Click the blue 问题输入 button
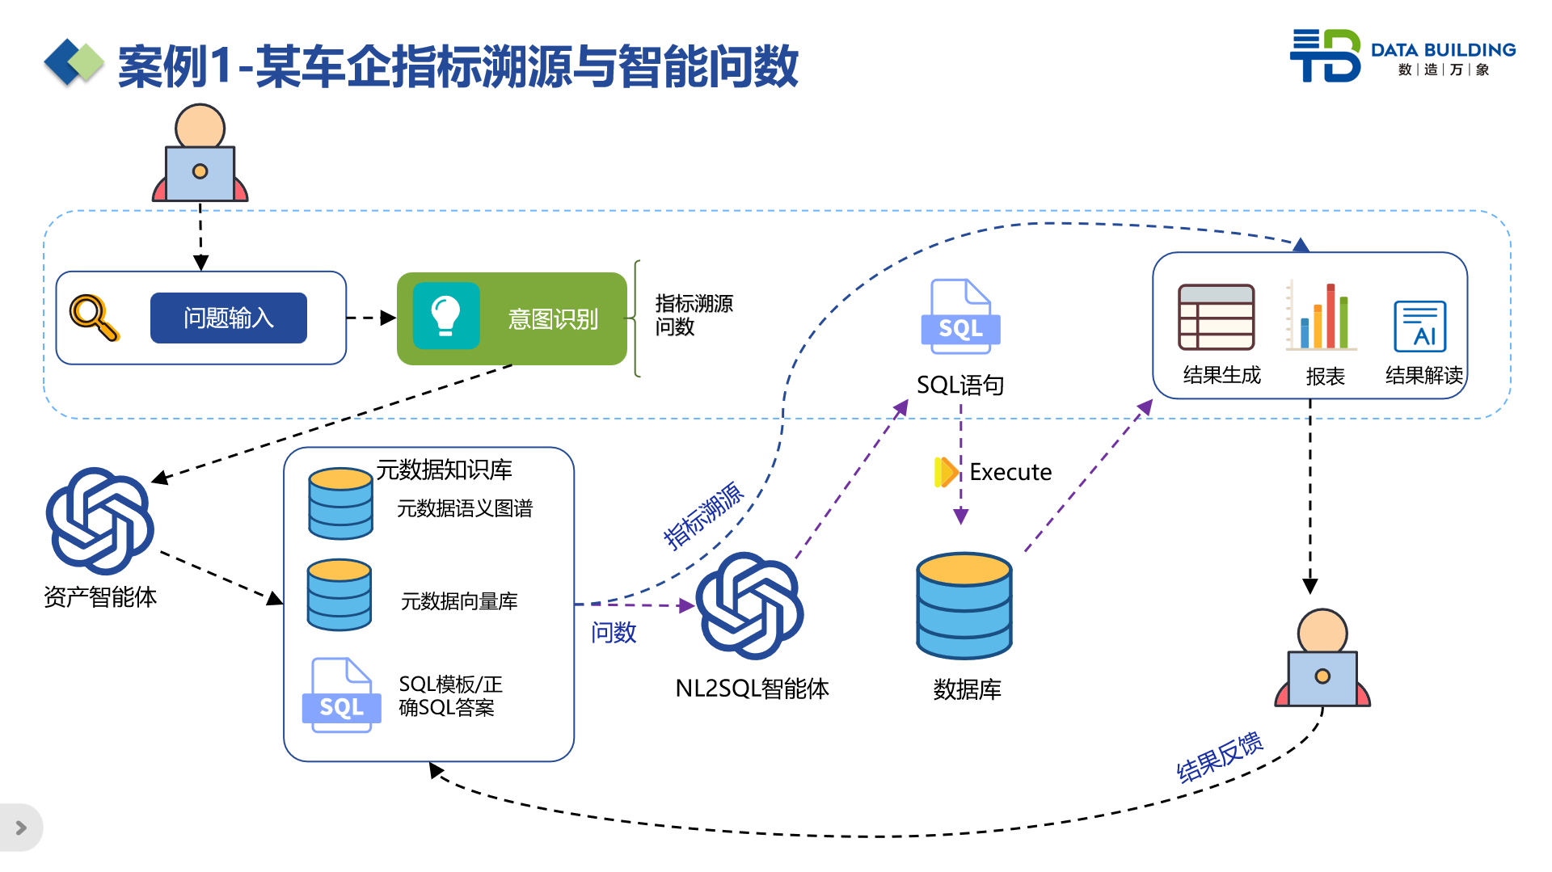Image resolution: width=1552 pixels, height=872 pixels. click(228, 318)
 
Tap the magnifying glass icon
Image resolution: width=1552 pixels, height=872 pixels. click(94, 317)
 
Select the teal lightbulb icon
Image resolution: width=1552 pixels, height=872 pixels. click(446, 315)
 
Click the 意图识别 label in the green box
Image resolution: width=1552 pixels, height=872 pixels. click(553, 319)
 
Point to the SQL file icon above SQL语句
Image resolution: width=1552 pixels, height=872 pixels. click(960, 317)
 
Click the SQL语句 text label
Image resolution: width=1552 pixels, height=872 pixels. click(960, 385)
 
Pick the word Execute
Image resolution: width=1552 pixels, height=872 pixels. click(1010, 472)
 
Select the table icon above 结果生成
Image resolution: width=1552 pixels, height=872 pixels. click(1216, 317)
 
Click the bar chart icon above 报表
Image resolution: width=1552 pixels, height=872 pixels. click(1322, 317)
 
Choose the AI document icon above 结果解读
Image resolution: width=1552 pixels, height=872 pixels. click(1419, 326)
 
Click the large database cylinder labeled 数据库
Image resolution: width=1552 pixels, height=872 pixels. click(964, 605)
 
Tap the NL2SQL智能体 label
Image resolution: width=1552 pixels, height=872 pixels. click(752, 689)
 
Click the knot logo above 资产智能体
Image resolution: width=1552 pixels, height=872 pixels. click(99, 521)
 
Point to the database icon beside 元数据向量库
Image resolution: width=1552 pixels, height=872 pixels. click(339, 595)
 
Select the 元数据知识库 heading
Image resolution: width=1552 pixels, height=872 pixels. click(444, 470)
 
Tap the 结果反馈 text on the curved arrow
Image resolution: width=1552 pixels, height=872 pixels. click(1219, 757)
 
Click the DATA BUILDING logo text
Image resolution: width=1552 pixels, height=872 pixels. click(1443, 50)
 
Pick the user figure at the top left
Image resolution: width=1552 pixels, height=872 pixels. click(200, 154)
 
